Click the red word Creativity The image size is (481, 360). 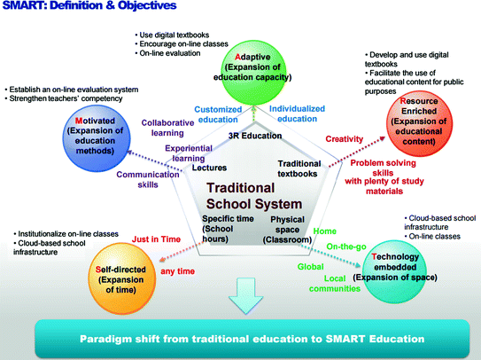click(x=345, y=139)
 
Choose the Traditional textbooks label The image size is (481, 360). click(x=299, y=168)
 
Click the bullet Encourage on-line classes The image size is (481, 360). click(x=186, y=42)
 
